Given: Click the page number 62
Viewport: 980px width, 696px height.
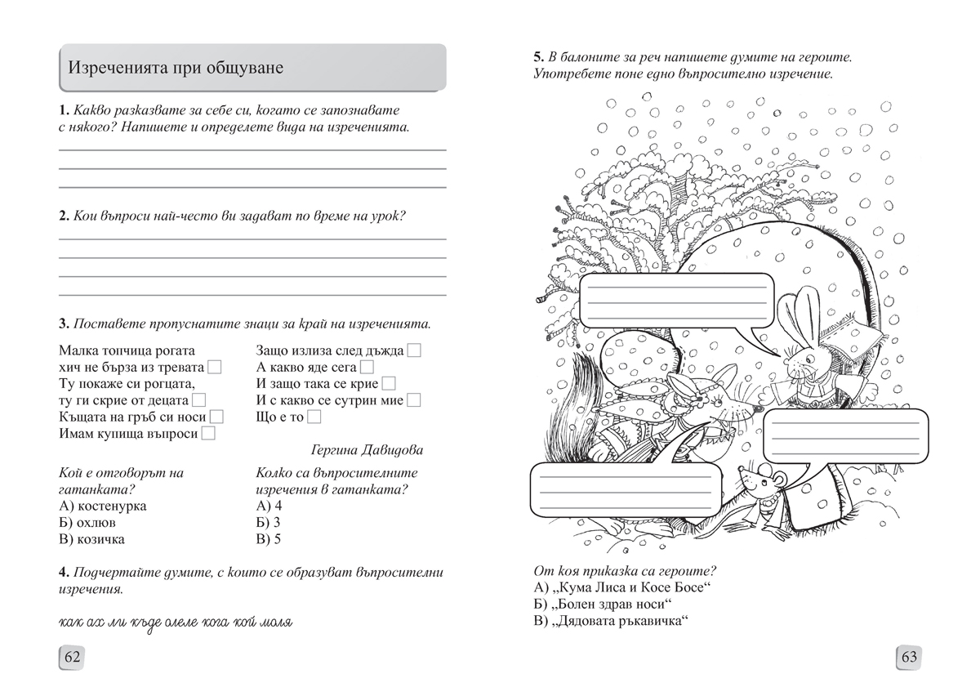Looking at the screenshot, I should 70,657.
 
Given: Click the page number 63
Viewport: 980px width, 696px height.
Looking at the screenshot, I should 910,657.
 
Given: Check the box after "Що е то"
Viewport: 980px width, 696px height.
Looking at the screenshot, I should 314,417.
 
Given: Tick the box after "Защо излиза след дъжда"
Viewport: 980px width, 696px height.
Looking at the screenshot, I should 414,350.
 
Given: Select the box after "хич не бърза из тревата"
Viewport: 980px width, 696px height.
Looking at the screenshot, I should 215,367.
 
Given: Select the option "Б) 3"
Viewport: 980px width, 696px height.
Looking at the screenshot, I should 268,522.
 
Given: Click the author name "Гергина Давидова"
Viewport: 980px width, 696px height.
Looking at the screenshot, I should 367,450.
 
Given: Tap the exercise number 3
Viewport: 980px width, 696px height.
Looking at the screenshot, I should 64,323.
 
